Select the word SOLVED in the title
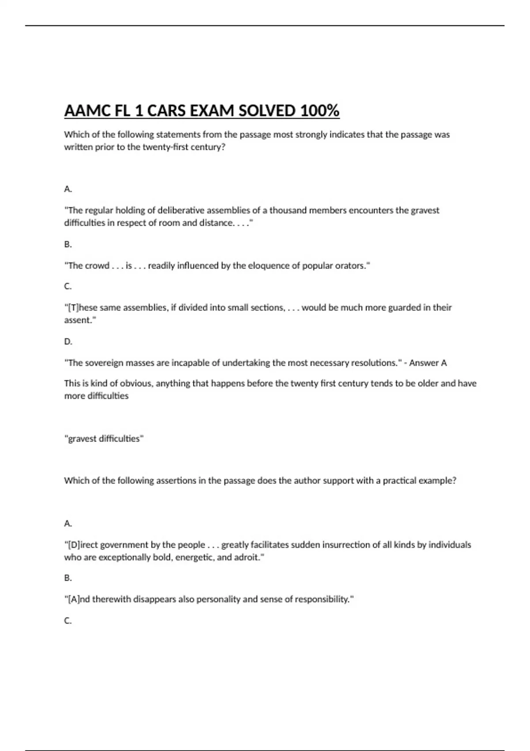pos(266,110)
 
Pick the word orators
pos(352,266)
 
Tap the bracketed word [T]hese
pos(81,307)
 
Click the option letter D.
pos(68,341)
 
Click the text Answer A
pos(428,363)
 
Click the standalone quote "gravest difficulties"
pos(104,439)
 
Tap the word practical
pos(401,480)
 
